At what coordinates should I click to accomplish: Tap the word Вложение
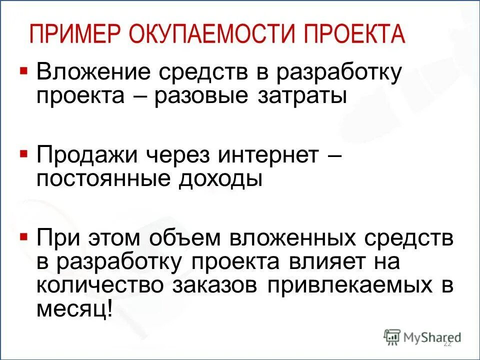(x=93, y=73)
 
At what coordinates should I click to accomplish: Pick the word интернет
(x=267, y=156)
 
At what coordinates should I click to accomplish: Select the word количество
(x=100, y=284)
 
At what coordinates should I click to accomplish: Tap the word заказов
(x=218, y=284)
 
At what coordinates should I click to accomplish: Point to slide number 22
(x=447, y=343)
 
